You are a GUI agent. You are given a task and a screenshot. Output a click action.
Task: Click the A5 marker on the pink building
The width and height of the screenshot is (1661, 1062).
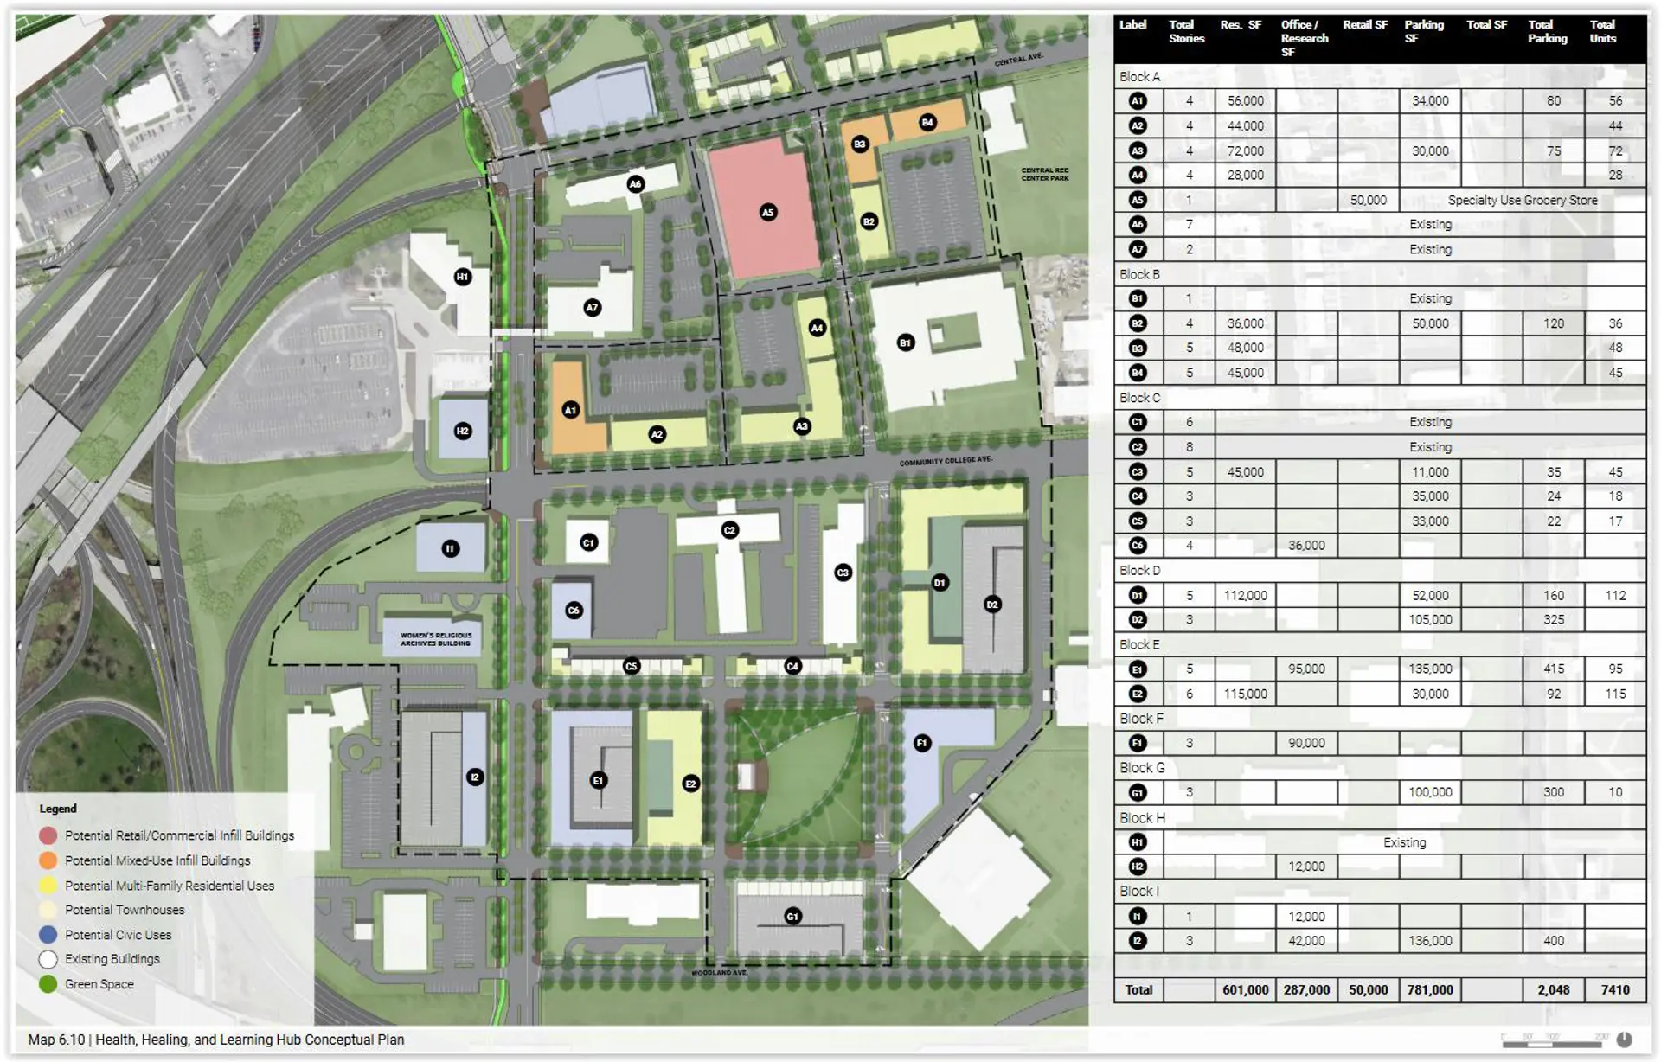pos(767,212)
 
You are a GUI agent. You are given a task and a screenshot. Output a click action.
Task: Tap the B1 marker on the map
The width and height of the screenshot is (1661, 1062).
pos(905,342)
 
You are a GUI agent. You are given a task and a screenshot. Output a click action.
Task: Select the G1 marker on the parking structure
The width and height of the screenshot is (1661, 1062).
pos(792,917)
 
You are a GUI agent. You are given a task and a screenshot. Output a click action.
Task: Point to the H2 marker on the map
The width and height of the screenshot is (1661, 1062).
pos(463,431)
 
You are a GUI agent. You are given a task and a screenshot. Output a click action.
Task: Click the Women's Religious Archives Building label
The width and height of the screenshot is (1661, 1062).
pos(435,639)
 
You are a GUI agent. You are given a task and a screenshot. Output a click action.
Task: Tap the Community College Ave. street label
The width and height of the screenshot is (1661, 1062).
pos(946,461)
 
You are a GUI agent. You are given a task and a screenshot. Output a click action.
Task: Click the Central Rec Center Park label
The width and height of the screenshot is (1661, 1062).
pos(1044,174)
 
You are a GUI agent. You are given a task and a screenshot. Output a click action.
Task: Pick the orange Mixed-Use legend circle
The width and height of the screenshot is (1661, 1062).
pos(48,860)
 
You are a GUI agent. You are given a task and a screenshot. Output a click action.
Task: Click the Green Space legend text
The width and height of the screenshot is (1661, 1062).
pos(99,984)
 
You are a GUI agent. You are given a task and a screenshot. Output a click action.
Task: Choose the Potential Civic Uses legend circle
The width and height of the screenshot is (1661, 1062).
pos(48,935)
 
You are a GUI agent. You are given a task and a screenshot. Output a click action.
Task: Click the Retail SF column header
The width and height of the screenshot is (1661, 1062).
pos(1365,25)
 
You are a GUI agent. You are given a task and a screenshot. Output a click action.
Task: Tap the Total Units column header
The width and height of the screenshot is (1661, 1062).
pos(1602,32)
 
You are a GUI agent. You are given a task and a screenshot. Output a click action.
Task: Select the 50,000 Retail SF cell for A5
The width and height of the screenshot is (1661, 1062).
pos(1368,201)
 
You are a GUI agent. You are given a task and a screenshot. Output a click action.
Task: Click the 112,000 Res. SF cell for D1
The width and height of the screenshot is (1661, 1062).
pos(1245,596)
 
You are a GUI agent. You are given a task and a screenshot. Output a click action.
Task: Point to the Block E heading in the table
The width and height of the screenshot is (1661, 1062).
pos(1138,645)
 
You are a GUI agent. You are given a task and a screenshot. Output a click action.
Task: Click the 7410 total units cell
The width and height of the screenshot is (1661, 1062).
pos(1614,990)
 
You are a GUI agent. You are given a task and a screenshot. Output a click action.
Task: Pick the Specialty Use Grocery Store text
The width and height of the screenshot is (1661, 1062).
pos(1523,201)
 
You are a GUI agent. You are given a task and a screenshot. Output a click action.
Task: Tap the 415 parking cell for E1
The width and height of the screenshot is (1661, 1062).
pos(1553,669)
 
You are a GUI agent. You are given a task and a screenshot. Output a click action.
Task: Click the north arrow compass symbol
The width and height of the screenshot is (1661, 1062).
pos(1624,1040)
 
